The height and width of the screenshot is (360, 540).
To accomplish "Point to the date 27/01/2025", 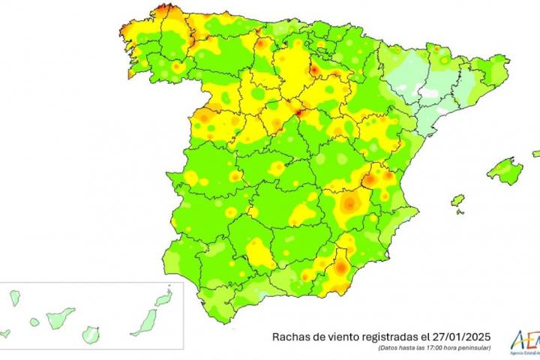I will pyautogui.click(x=463, y=337).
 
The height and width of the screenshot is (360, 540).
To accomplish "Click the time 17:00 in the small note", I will pyautogui.click(x=439, y=348).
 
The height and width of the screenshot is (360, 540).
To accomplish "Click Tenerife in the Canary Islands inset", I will pyautogui.click(x=61, y=317).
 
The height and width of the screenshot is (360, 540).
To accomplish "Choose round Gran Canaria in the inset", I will pyautogui.click(x=91, y=331).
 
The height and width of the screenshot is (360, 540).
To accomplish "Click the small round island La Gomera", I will pyautogui.click(x=34, y=322).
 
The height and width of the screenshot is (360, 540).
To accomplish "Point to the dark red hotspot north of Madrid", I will pyautogui.click(x=298, y=112).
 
